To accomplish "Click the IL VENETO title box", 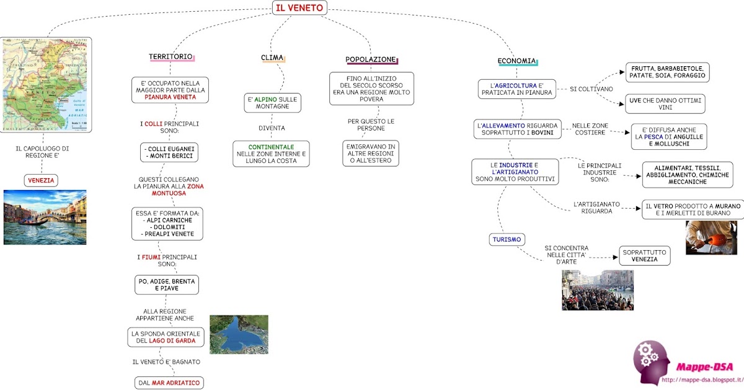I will pyautogui.click(x=299, y=7).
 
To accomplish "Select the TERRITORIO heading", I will pyautogui.click(x=170, y=57).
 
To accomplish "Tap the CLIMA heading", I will pyautogui.click(x=272, y=58).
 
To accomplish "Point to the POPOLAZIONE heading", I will pyautogui.click(x=371, y=59).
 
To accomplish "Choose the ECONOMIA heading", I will pyautogui.click(x=516, y=61).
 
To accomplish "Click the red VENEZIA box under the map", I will pyautogui.click(x=41, y=181).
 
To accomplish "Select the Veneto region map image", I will pyautogui.click(x=45, y=84).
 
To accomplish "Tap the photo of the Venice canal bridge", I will pyautogui.click(x=45, y=217).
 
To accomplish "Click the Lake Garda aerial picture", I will pyautogui.click(x=239, y=334).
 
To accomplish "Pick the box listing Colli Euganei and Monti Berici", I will pyautogui.click(x=169, y=153).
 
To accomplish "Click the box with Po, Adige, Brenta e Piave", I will pyautogui.click(x=167, y=285).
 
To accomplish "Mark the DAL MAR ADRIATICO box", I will pyautogui.click(x=169, y=383).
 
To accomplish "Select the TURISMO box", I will pyautogui.click(x=507, y=239).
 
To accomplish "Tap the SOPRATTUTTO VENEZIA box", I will pyautogui.click(x=645, y=256).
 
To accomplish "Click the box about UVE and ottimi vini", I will pyautogui.click(x=665, y=103).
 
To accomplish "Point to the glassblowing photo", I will pyautogui.click(x=711, y=238).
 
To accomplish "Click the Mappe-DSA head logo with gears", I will pyautogui.click(x=650, y=361).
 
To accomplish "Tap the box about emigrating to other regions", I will pyautogui.click(x=371, y=153).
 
